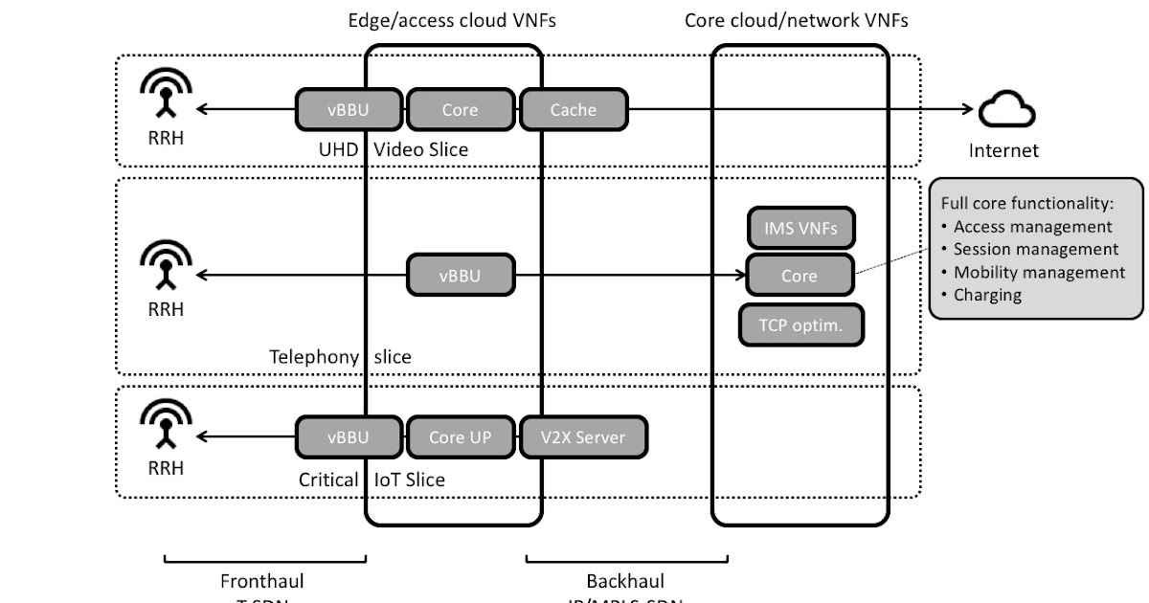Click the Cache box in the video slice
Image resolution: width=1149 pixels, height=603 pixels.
coord(574,109)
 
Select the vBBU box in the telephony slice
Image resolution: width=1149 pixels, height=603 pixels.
coord(460,276)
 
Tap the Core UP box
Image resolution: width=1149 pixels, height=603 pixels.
coord(460,437)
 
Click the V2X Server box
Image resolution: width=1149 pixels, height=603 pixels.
coord(584,437)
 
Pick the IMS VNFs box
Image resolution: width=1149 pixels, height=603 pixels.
coord(800,228)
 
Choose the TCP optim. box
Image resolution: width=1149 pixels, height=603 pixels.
coord(801,324)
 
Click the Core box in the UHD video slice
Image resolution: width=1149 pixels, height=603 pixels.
coord(460,109)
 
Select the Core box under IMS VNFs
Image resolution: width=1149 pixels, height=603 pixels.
coord(800,276)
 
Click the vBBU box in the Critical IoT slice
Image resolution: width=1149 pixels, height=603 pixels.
coord(348,437)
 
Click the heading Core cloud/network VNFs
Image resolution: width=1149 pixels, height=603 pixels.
coord(797,20)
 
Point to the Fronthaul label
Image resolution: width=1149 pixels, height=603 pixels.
coord(262,581)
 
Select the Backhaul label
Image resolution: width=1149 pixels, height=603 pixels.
coord(625,581)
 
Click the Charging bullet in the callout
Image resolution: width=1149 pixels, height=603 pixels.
coord(987,295)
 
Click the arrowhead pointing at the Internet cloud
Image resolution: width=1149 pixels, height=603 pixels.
coord(966,109)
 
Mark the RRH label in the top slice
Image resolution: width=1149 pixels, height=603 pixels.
coord(166,138)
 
